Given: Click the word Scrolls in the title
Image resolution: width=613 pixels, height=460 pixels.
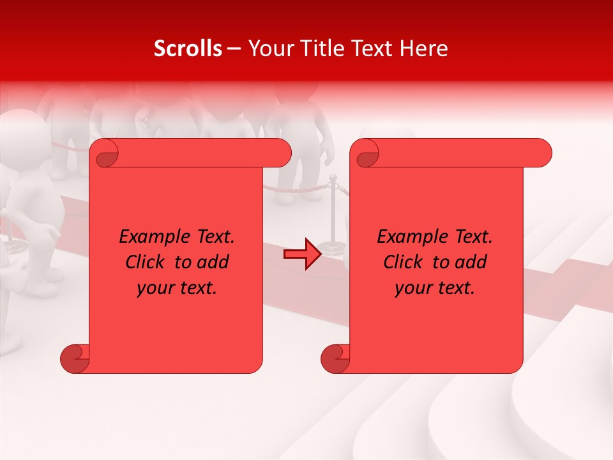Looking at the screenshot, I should coord(188,49).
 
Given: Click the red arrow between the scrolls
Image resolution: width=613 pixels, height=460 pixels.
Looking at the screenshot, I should coord(303,254).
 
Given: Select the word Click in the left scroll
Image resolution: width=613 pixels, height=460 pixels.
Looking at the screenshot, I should coord(148,262).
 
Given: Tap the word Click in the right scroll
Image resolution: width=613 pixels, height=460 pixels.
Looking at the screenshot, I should coord(405,262).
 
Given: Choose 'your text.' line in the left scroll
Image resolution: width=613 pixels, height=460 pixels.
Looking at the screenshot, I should coord(177,287).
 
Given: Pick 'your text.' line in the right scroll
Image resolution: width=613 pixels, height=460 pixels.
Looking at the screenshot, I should coord(435,287).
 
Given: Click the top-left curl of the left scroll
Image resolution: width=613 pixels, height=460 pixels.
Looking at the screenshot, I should coord(105,153).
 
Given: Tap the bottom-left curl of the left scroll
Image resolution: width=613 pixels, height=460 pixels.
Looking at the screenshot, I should coord(75,358).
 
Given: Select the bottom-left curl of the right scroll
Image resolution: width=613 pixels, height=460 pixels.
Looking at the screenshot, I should coord(335,358).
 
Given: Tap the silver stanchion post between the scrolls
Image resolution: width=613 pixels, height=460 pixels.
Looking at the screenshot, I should coord(332,214).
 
